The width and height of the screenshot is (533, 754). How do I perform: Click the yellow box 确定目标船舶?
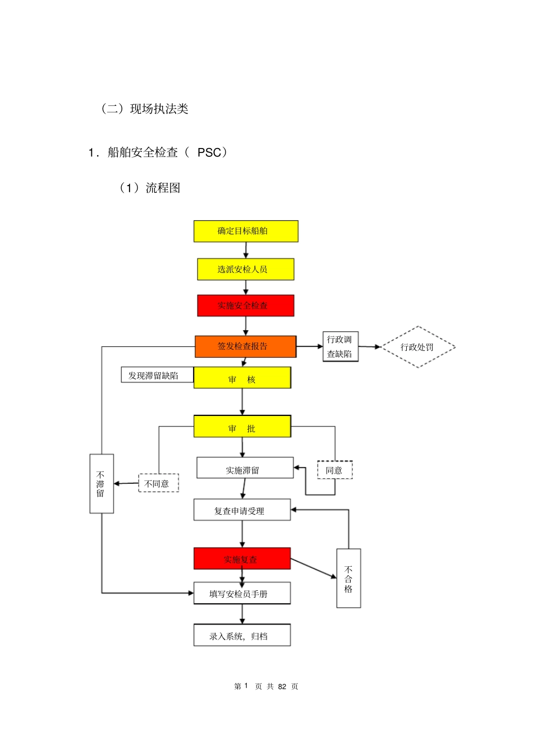pos(246,231)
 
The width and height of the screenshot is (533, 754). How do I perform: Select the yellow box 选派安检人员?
pos(245,269)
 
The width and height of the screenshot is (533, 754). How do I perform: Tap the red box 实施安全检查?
pos(245,306)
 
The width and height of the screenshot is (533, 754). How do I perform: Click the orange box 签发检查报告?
pos(245,346)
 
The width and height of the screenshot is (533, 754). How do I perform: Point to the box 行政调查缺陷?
pos(340,346)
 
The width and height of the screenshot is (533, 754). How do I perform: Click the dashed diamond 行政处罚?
pos(418,347)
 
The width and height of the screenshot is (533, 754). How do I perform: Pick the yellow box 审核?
pos(242,378)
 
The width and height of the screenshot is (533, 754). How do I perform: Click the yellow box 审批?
pos(242,427)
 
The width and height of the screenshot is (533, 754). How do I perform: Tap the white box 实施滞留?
pos(245,468)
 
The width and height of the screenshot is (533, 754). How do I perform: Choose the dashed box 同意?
pos(335,470)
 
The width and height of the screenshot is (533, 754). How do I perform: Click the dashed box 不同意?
pos(158,483)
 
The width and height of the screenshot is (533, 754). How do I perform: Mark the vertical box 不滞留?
pos(102,483)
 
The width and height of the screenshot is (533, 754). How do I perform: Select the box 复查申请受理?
pos(242,510)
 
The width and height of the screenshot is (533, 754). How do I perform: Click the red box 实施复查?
pos(242,558)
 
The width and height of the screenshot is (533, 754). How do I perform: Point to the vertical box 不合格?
pos(348,578)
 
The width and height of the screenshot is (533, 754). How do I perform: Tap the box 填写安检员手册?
pos(242,593)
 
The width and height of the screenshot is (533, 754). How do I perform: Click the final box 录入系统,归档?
pos(242,635)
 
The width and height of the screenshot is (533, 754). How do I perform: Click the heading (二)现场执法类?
pos(145,109)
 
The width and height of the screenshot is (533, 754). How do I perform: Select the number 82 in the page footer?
pos(282,686)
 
